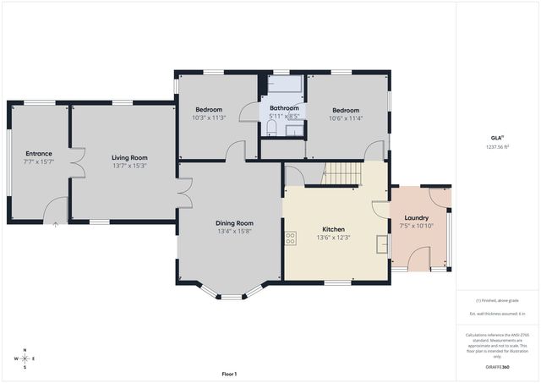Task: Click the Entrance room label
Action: (x=38, y=153)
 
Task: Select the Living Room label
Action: (x=130, y=157)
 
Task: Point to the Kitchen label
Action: (x=334, y=229)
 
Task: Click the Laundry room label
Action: (x=417, y=217)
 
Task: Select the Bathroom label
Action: (x=284, y=108)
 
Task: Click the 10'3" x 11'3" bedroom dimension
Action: (x=209, y=118)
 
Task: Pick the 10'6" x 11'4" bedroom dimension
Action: (x=345, y=118)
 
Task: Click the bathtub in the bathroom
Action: (x=282, y=85)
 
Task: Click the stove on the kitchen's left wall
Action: (x=290, y=238)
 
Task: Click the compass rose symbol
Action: (x=25, y=358)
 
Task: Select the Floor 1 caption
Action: (x=229, y=374)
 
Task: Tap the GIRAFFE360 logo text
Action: (x=497, y=368)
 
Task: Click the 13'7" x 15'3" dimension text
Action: (x=130, y=166)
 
